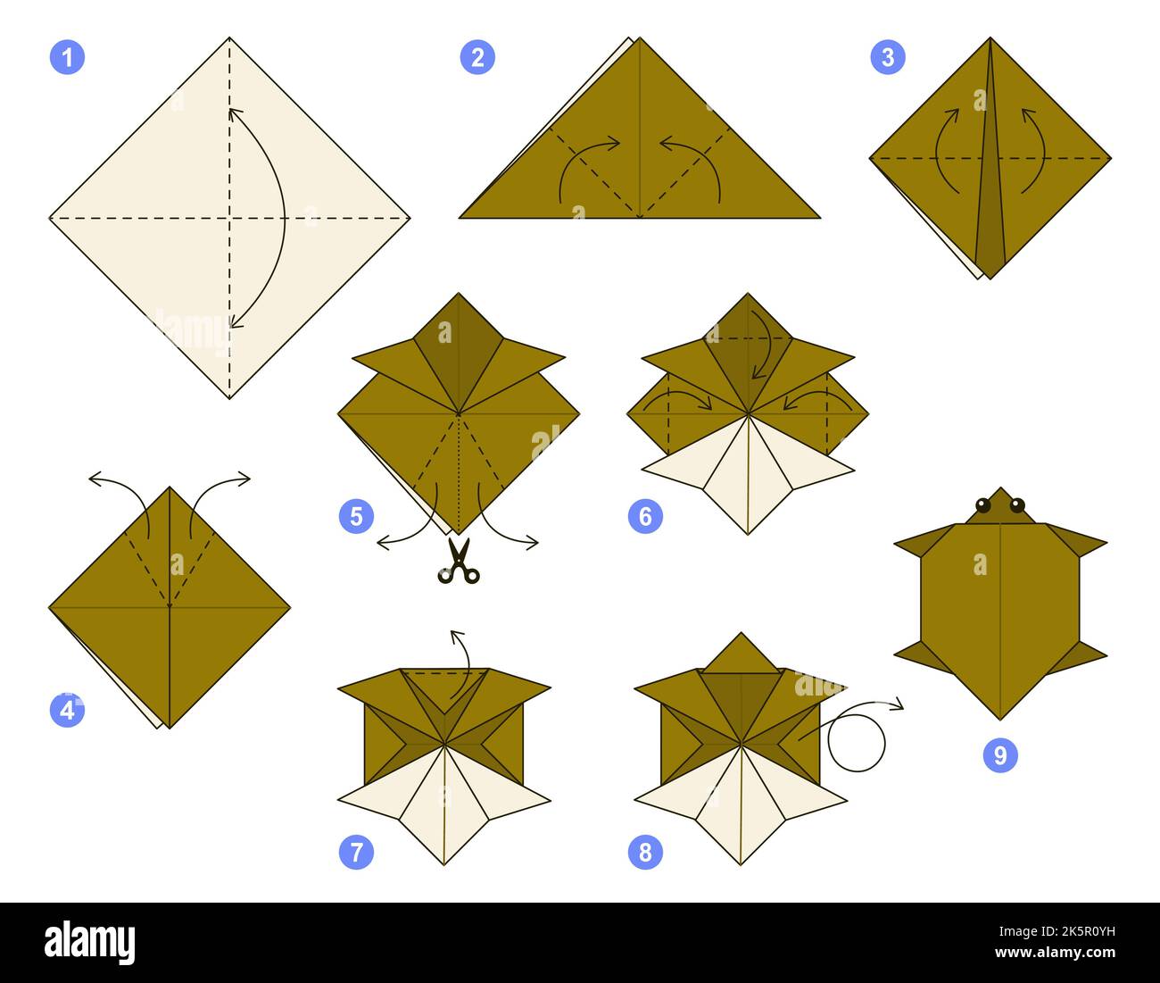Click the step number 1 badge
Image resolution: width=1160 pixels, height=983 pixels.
pyautogui.click(x=67, y=58)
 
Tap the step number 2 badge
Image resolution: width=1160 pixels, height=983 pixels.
pyautogui.click(x=477, y=58)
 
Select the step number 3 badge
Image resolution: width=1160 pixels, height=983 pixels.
pyautogui.click(x=887, y=58)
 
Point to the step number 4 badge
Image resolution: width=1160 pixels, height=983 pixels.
pyautogui.click(x=67, y=710)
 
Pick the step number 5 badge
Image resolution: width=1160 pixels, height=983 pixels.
pyautogui.click(x=356, y=516)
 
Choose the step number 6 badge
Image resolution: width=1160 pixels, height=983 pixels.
pyautogui.click(x=645, y=516)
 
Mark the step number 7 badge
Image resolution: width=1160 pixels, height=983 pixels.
pyautogui.click(x=356, y=852)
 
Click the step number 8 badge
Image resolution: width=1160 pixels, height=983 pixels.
pyautogui.click(x=645, y=852)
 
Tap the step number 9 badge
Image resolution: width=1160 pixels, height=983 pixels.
pyautogui.click(x=1000, y=755)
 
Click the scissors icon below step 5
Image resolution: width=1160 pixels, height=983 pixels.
pyautogui.click(x=459, y=562)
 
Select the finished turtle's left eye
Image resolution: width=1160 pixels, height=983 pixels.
pyautogui.click(x=983, y=505)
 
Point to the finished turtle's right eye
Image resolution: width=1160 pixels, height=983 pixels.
pyautogui.click(x=1017, y=505)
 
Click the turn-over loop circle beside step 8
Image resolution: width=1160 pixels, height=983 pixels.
pyautogui.click(x=856, y=743)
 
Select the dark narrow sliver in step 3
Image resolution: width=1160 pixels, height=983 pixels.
pyautogui.click(x=990, y=179)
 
